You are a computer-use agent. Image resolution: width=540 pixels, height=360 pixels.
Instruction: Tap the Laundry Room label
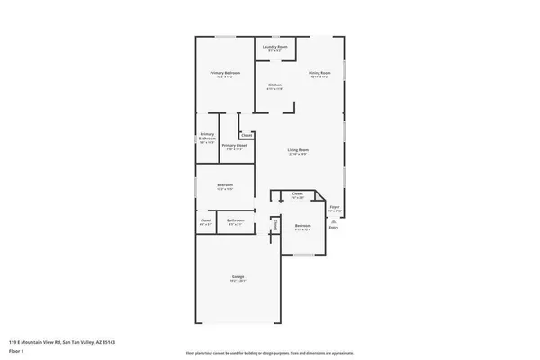pos(275,46)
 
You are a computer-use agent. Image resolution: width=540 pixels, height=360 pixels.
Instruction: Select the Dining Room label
pos(319,73)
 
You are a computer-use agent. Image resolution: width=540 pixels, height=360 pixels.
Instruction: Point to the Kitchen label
pos(274,85)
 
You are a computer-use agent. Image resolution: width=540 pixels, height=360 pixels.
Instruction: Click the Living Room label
pos(299,150)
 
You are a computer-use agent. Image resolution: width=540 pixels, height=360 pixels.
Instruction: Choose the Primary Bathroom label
pos(207,137)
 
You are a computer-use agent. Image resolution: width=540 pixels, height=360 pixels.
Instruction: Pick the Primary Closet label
pos(235,145)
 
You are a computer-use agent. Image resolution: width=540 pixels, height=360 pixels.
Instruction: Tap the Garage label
pos(239,276)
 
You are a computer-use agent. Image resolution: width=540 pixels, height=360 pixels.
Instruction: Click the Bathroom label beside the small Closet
pos(236,220)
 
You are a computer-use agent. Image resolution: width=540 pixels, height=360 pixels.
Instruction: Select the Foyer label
pos(334,208)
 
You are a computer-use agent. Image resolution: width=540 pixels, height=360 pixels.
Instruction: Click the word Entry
pos(334,228)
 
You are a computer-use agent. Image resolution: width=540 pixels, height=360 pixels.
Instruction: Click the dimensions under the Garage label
pos(239,281)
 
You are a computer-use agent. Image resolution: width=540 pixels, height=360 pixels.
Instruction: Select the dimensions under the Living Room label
pos(299,155)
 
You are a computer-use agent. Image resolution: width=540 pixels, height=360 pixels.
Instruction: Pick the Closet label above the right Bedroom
pos(297,193)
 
